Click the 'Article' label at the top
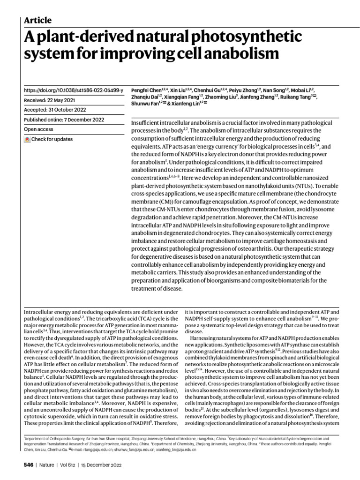coord(37,20)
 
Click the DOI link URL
coord(73,90)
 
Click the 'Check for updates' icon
coord(27,140)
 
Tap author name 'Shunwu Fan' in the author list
coord(143,103)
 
